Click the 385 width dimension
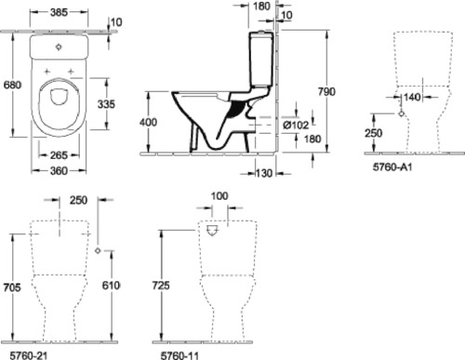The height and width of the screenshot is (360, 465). pos(59,12)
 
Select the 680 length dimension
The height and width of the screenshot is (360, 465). pos(12,85)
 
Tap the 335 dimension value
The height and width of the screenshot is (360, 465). pos(106,104)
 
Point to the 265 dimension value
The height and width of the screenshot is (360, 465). pos(59,155)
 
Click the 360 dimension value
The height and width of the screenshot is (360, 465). pos(59,170)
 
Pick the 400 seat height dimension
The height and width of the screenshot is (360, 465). pos(148,123)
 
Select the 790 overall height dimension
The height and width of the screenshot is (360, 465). pos(326,92)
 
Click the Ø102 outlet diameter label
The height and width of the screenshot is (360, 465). pos(296,125)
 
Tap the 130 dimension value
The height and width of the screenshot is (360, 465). pos(264,173)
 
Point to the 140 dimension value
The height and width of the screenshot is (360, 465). pos(412,98)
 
